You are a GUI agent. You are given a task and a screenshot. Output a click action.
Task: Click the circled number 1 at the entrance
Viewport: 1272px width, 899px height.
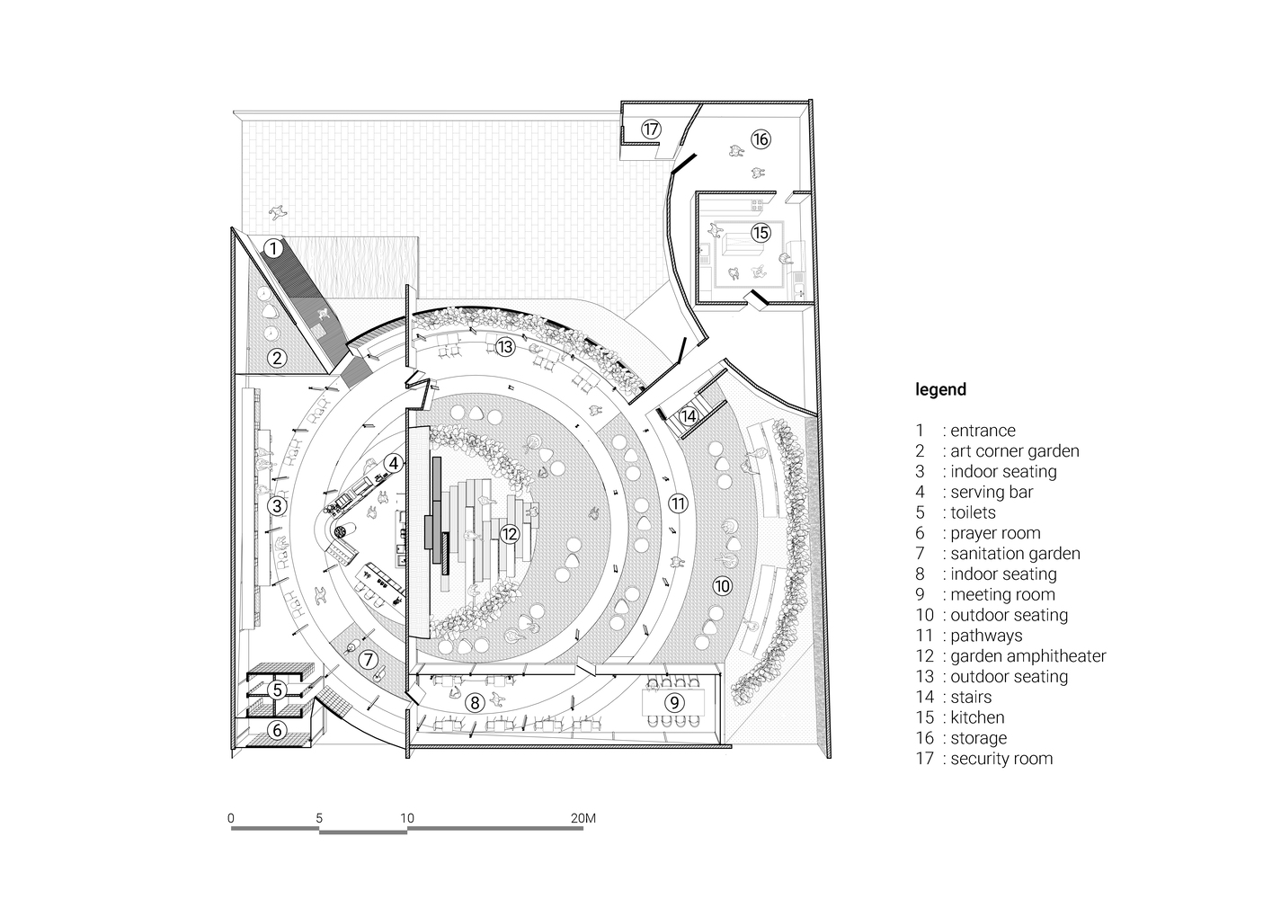pos(273,248)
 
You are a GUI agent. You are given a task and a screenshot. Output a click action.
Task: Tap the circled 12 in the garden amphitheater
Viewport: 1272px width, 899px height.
pos(510,533)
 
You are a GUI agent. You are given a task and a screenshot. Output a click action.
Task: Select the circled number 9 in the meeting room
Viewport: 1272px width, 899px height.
pos(674,702)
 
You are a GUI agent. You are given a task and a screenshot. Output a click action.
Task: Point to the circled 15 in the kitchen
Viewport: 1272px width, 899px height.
pos(761,232)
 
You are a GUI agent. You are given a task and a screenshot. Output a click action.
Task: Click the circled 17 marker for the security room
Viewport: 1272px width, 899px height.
pos(651,129)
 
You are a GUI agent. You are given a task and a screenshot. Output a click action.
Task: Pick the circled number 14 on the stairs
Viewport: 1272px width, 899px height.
pos(689,416)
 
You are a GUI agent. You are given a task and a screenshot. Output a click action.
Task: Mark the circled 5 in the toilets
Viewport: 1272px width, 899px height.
pos(277,690)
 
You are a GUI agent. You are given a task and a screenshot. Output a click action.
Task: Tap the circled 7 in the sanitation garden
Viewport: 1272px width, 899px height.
pos(369,659)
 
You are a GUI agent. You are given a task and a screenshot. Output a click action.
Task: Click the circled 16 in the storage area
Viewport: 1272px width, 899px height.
pos(761,139)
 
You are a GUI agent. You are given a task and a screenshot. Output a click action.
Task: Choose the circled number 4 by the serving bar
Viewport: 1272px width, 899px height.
pos(394,463)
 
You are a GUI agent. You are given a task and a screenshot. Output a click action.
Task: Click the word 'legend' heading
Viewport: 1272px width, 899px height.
pos(940,389)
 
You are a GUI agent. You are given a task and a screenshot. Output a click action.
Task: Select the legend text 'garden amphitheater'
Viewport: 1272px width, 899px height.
pos(1027,656)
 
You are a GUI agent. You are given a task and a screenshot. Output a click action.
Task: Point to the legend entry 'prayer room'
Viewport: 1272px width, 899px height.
pos(995,533)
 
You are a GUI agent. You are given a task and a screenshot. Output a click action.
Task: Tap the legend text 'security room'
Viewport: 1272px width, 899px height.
pos(1001,758)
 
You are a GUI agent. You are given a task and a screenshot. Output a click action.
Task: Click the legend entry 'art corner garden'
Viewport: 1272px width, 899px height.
pos(1015,451)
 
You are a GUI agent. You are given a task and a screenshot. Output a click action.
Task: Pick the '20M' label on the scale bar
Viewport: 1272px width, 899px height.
pos(583,818)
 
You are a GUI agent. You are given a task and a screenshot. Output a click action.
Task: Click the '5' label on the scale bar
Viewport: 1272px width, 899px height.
pos(319,818)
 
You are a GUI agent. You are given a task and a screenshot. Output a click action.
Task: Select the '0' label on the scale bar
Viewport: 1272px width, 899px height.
pos(230,818)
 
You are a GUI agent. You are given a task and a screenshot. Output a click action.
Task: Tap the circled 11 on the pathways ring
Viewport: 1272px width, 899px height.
pos(678,503)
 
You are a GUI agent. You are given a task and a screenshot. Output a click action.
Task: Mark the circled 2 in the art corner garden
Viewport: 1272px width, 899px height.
pos(277,358)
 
